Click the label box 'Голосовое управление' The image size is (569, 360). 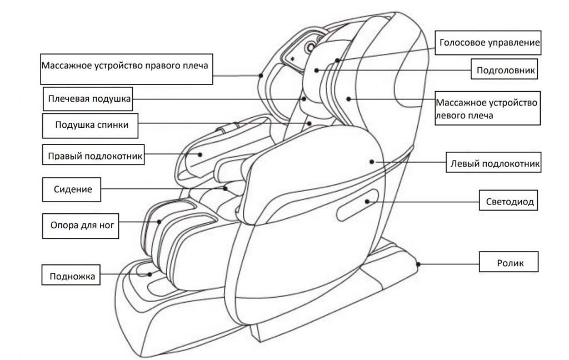tap(489, 42)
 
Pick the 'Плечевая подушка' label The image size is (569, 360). tap(89, 99)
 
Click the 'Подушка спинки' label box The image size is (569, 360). tap(92, 125)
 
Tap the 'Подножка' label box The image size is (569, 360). tap(72, 276)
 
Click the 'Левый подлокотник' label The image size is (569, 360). tap(494, 164)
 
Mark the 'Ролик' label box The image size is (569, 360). tap(510, 262)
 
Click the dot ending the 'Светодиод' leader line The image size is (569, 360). tap(367, 202)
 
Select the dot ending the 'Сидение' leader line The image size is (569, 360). tap(226, 188)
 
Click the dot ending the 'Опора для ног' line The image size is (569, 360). tap(160, 221)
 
